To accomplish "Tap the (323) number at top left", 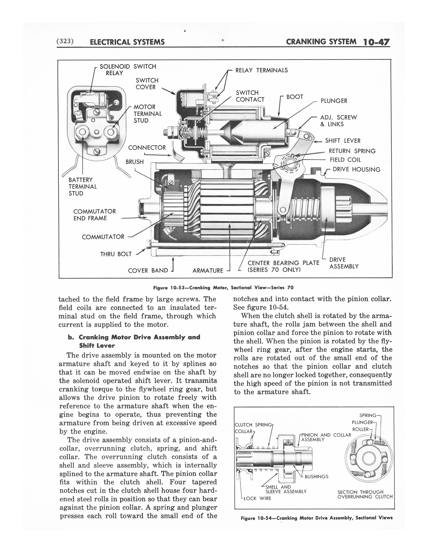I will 65,41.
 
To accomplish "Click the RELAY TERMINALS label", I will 261,70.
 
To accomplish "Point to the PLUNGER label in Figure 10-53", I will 334,101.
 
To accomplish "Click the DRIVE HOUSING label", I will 356,170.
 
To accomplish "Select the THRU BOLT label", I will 116,254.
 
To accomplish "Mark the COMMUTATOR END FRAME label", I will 94,215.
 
